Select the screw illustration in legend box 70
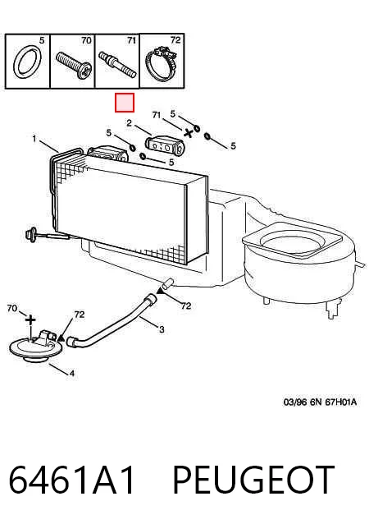click(74, 65)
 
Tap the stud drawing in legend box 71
click(118, 65)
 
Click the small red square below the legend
click(125, 103)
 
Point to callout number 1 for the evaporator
click(34, 138)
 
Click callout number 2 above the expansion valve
click(129, 123)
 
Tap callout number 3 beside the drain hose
click(162, 329)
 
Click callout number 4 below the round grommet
click(71, 373)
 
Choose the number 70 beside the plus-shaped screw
click(12, 308)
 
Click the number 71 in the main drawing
click(156, 115)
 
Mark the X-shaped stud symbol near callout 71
click(189, 133)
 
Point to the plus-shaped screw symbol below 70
click(30, 320)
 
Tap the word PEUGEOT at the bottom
click(253, 479)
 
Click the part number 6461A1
click(71, 479)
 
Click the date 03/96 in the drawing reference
click(295, 402)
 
